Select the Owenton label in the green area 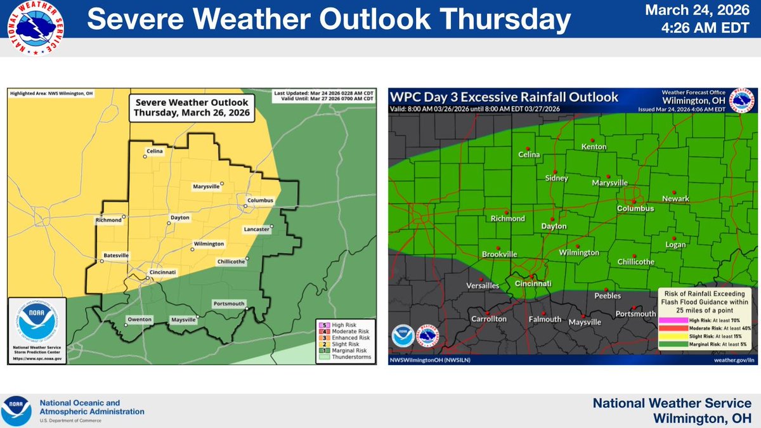click(x=140, y=320)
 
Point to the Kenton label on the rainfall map click(x=594, y=147)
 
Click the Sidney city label click(x=556, y=178)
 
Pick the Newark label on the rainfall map click(x=675, y=198)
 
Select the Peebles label click(x=607, y=295)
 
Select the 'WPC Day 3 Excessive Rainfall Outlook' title click(x=505, y=98)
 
